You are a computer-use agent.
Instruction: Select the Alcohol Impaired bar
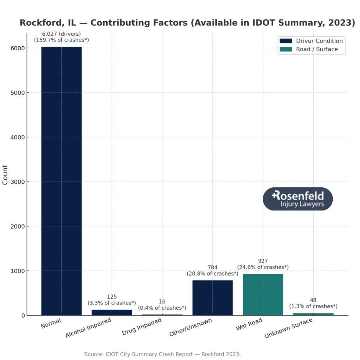[112, 313]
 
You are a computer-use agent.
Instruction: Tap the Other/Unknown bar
[212, 298]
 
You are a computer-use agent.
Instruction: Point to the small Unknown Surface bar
[313, 314]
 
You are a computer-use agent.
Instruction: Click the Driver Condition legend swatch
[285, 41]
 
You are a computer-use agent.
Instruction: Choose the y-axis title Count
[5, 175]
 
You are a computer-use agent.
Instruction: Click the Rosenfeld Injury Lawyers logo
[298, 199]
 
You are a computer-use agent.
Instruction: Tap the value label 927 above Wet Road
[263, 261]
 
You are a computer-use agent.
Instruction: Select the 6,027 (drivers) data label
[61, 34]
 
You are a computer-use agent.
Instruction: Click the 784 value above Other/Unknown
[212, 267]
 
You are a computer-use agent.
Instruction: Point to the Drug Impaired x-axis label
[142, 327]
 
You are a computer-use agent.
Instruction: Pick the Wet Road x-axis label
[249, 324]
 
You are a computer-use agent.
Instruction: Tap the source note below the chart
[162, 354]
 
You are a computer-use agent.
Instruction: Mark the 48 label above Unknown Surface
[313, 300]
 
